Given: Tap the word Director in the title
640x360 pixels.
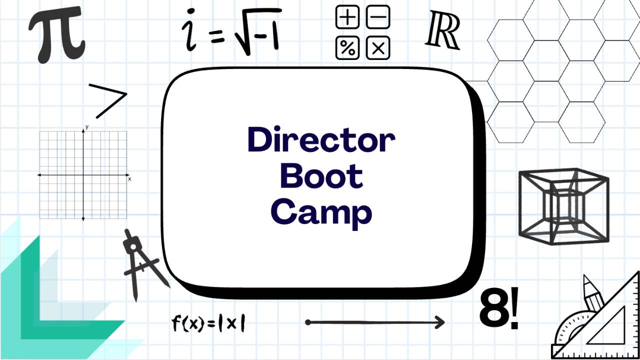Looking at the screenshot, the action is [x=321, y=140].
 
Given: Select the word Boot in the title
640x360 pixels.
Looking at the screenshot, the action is [x=321, y=176].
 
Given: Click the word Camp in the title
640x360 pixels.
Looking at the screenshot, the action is [x=321, y=212].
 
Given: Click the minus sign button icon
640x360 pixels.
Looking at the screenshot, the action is [x=378, y=18].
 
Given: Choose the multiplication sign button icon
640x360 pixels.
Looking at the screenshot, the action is [x=378, y=48].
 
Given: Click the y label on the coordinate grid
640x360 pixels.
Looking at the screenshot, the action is [x=87, y=127].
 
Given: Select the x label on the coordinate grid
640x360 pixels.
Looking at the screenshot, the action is [x=129, y=178].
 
